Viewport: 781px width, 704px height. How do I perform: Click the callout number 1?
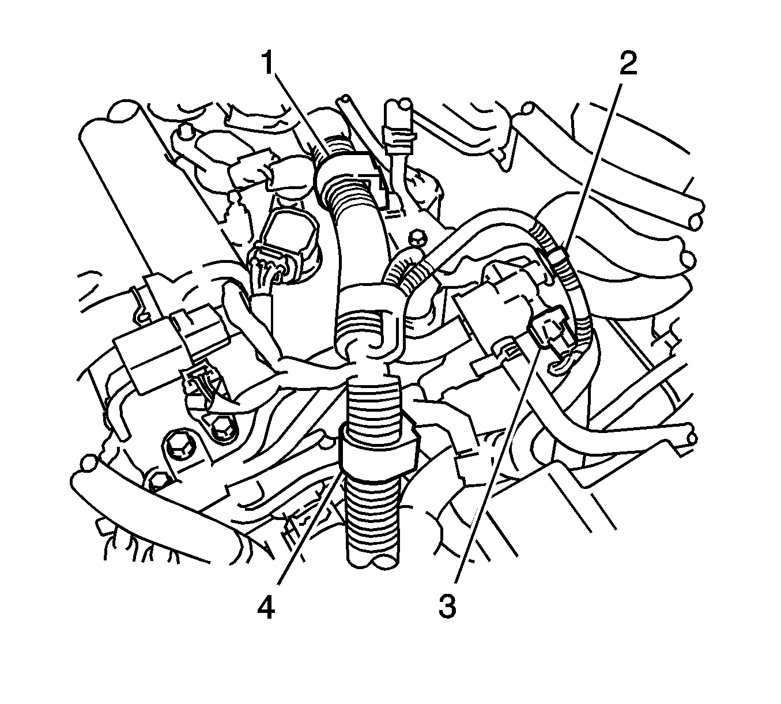pos(269,63)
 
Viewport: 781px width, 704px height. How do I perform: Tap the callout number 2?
pos(628,63)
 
